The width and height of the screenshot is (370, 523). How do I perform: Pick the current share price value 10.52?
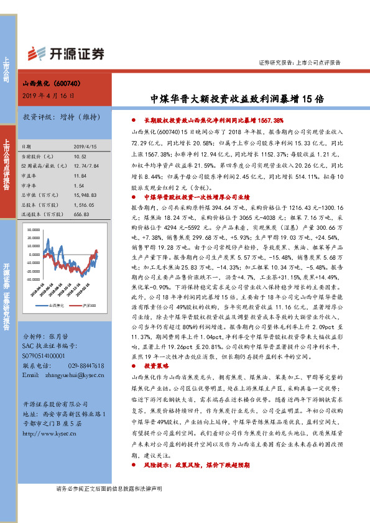pos(80,157)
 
